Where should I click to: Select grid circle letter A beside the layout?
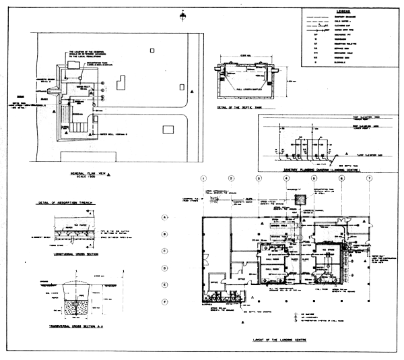click(x=164, y=218)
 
